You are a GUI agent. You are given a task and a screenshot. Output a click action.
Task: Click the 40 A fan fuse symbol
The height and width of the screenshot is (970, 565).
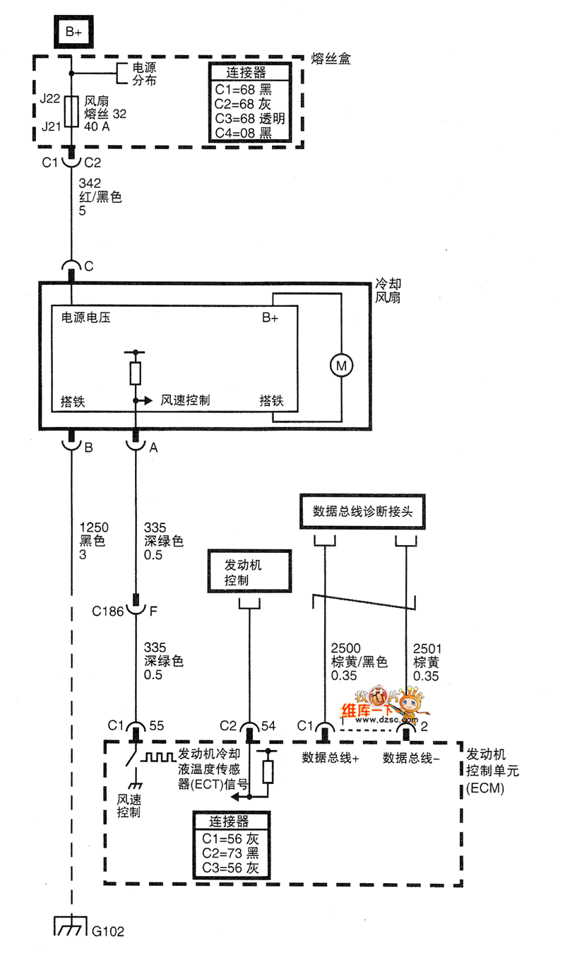[72, 111]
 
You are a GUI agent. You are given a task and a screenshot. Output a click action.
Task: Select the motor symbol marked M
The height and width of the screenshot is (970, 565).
[342, 366]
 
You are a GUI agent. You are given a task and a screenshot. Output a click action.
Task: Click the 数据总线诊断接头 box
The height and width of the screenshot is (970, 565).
[362, 511]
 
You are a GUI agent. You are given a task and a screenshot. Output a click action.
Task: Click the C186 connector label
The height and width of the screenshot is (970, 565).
[108, 609]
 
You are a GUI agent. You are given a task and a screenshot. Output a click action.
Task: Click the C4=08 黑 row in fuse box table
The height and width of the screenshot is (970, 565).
[244, 134]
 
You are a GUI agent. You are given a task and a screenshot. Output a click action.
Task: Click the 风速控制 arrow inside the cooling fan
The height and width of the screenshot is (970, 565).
[144, 401]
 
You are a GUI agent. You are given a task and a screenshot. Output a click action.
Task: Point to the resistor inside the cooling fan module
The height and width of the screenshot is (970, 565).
[135, 373]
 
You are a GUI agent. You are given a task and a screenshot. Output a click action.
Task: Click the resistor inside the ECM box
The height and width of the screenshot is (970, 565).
[267, 771]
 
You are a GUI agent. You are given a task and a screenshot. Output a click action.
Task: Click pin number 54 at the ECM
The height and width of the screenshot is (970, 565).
[268, 726]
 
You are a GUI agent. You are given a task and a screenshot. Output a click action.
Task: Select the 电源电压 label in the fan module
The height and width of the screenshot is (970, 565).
[85, 318]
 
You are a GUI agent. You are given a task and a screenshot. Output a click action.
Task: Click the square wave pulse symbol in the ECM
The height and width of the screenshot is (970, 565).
[160, 757]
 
